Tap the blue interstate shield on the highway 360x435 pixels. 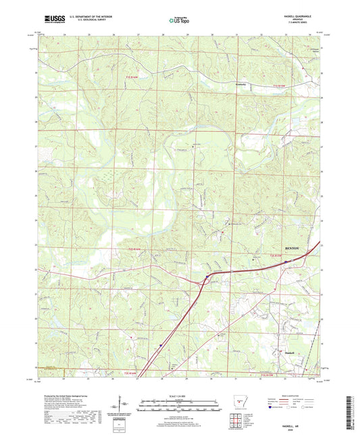pyautogui.click(x=206, y=276)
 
